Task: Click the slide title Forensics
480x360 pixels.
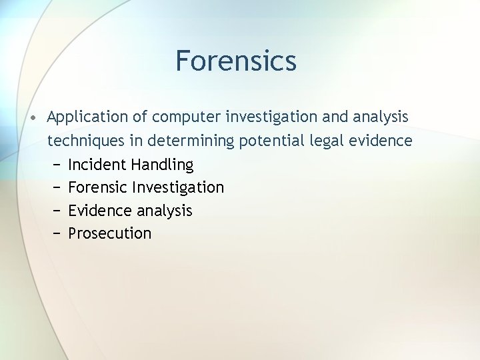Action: point(235,61)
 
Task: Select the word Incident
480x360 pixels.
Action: point(97,165)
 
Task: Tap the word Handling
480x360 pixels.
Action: point(163,165)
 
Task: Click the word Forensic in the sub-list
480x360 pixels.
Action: point(98,187)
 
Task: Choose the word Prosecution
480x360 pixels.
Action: point(110,233)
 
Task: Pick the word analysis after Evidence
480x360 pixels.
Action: point(164,211)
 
